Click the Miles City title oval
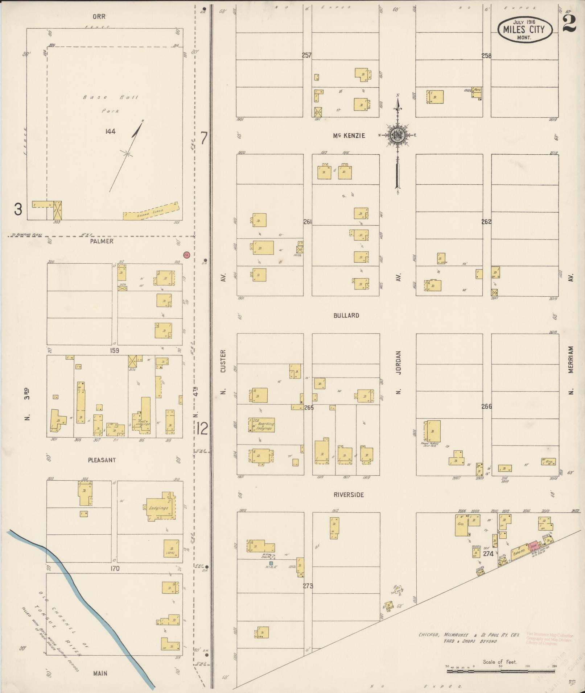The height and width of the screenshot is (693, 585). pyautogui.click(x=525, y=29)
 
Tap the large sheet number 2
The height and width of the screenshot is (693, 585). pyautogui.click(x=570, y=24)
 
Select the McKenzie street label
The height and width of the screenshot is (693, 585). pyautogui.click(x=349, y=136)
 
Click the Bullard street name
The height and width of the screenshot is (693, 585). pyautogui.click(x=346, y=316)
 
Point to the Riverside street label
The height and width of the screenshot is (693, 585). pyautogui.click(x=349, y=495)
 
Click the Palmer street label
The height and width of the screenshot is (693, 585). pyautogui.click(x=102, y=241)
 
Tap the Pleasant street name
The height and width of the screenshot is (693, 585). pyautogui.click(x=102, y=460)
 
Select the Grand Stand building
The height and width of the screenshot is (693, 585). pyautogui.click(x=151, y=211)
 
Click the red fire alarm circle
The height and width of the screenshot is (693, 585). pyautogui.click(x=187, y=255)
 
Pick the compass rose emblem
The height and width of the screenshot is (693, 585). pyautogui.click(x=398, y=135)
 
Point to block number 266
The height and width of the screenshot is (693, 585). pyautogui.click(x=486, y=406)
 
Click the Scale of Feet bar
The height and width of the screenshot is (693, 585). pyautogui.click(x=500, y=671)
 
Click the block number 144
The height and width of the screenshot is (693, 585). pyautogui.click(x=110, y=131)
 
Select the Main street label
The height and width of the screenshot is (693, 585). pyautogui.click(x=100, y=673)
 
